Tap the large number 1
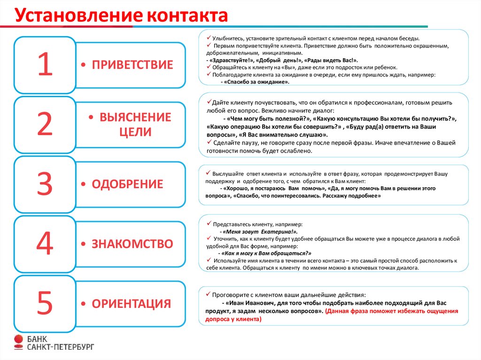point(45,65)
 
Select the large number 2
point(45,124)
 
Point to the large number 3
point(45,184)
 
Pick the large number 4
point(45,244)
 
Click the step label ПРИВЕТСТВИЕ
point(132,65)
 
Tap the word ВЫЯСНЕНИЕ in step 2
point(135,117)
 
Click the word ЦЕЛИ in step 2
point(135,132)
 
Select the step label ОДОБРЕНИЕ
point(127,184)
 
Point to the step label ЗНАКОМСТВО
point(132,244)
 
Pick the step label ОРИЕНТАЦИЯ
point(131,304)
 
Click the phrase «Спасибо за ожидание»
point(256,82)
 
